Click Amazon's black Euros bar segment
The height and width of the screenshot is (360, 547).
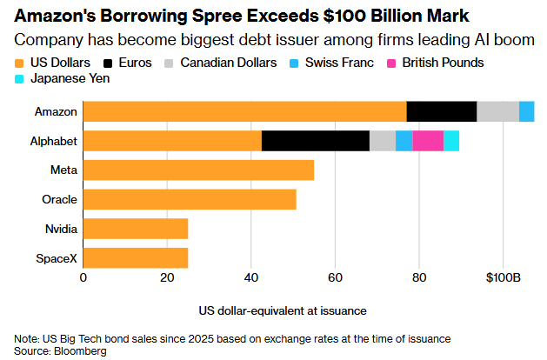point(442,111)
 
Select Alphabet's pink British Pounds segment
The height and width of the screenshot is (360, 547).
point(428,141)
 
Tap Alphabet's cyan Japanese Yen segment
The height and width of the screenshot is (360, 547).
point(451,141)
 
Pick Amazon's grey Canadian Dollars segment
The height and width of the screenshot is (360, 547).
point(498,111)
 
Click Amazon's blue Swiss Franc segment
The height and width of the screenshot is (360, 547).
point(527,111)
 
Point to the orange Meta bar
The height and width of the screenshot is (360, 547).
point(198,170)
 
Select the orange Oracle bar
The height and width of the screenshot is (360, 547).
point(190,199)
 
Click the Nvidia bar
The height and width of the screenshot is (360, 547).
point(136,229)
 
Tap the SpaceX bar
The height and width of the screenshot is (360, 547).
point(136,258)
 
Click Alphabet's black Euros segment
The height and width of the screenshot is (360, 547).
point(316,141)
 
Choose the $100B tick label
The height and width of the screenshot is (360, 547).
point(503,278)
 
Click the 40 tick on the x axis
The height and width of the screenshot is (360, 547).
point(250,278)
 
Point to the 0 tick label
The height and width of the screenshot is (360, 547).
point(83,278)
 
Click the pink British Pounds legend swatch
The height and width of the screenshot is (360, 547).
point(391,63)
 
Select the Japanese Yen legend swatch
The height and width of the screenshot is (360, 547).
point(19,79)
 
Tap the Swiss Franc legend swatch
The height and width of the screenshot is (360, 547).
point(294,63)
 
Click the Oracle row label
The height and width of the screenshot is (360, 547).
point(59,199)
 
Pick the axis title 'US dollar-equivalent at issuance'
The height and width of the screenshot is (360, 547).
point(283,310)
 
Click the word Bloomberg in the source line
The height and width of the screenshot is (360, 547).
point(80,351)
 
